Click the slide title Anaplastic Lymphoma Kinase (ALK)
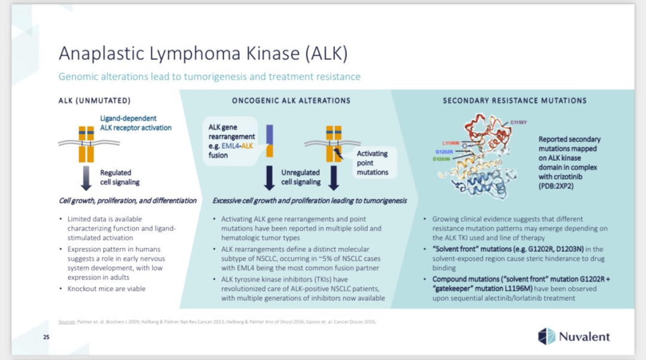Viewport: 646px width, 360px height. [203, 53]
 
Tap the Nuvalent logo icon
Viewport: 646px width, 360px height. [546, 337]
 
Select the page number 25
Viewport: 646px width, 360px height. [46, 338]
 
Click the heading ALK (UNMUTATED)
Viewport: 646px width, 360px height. [95, 100]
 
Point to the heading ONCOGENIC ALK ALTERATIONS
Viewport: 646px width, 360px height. [291, 100]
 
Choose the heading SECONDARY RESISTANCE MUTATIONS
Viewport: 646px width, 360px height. [514, 100]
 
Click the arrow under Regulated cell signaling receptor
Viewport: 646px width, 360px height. [87, 178]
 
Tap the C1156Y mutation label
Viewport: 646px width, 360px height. [519, 122]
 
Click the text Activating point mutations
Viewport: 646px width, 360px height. [372, 163]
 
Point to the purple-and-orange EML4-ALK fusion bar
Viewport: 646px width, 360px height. [270, 144]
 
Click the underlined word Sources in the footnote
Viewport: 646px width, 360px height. [66, 322]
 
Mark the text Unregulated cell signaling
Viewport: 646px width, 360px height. [301, 177]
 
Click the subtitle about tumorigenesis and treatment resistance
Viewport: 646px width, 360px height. [209, 77]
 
